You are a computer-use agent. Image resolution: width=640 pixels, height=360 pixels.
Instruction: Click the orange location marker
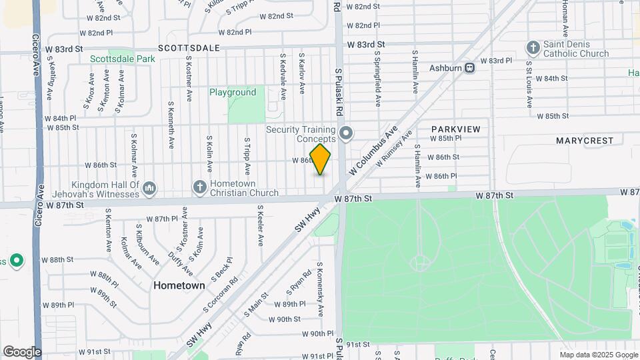tap(320, 160)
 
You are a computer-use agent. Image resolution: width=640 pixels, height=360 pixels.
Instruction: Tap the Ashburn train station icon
tap(470, 67)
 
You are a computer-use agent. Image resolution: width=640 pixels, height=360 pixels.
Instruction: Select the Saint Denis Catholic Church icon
tap(532, 47)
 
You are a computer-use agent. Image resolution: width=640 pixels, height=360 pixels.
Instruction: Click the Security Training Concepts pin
tap(345, 134)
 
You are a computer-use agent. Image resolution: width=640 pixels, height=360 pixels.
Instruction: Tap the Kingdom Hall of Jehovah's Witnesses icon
tap(149, 189)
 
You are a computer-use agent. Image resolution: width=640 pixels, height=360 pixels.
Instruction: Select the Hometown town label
tap(179, 285)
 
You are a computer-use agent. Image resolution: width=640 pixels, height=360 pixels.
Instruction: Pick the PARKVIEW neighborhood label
tap(455, 129)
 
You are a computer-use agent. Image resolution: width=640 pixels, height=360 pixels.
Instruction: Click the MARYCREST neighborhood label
tap(584, 141)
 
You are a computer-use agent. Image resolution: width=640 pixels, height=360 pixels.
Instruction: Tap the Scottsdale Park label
tap(123, 59)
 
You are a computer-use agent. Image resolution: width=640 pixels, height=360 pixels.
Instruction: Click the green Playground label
tap(233, 93)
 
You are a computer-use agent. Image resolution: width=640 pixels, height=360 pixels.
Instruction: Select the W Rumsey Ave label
tap(393, 150)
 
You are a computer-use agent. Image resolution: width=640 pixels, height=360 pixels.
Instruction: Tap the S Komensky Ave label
tap(320, 294)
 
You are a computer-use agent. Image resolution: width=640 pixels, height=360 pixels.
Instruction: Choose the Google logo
tap(22, 351)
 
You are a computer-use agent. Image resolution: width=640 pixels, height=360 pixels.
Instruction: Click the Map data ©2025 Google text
tap(598, 355)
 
